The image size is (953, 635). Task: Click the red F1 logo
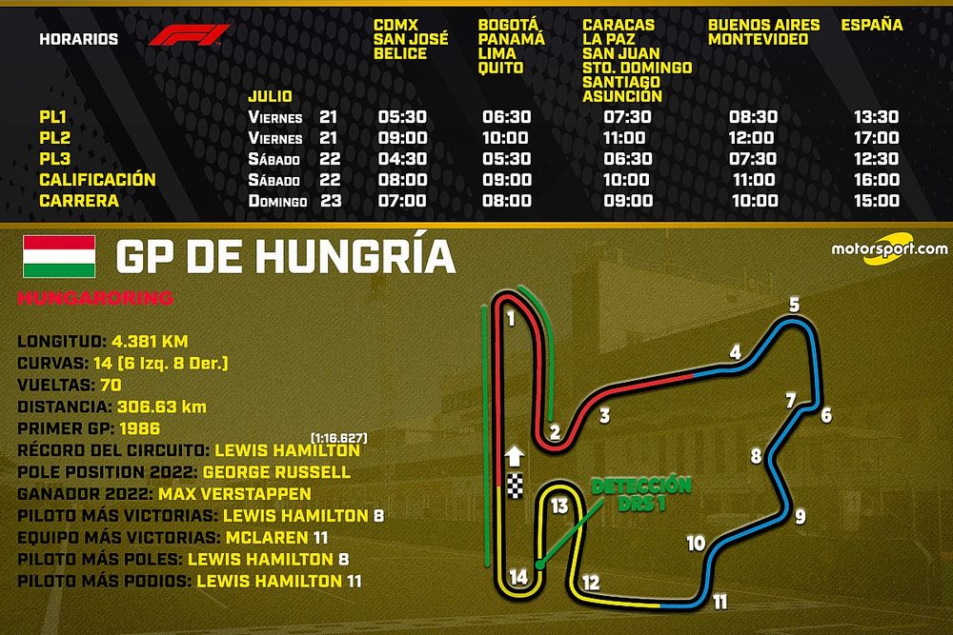click(189, 35)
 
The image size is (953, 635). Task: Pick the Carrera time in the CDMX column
click(403, 201)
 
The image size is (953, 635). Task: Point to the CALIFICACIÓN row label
click(97, 180)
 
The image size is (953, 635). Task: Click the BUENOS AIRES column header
click(758, 25)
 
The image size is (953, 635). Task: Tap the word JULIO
click(270, 97)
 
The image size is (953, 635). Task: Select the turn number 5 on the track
click(793, 306)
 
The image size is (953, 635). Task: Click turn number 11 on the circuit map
click(720, 602)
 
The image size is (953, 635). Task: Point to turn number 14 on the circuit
click(517, 577)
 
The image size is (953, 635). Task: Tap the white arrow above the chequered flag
click(516, 456)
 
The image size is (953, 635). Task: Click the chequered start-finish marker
click(516, 486)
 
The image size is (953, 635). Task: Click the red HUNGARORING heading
click(96, 299)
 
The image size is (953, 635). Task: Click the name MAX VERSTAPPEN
click(236, 493)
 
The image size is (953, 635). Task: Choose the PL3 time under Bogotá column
click(505, 159)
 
